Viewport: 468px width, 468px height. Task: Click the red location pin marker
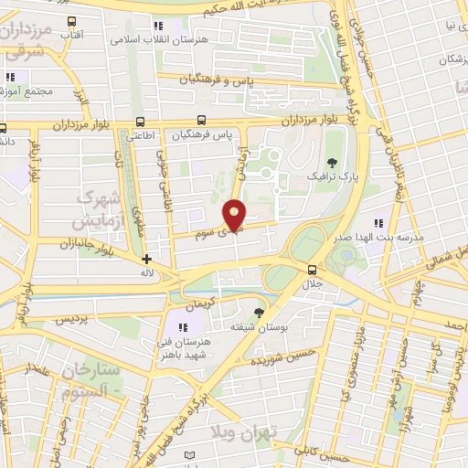(x=235, y=214)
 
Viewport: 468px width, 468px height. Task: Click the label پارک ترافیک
(x=328, y=174)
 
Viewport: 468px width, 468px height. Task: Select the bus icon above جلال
(x=313, y=269)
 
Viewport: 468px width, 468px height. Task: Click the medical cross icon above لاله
(x=146, y=259)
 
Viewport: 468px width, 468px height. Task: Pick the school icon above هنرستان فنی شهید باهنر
(x=183, y=327)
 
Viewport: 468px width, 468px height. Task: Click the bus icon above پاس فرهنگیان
(x=201, y=120)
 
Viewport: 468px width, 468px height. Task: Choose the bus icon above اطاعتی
(x=140, y=121)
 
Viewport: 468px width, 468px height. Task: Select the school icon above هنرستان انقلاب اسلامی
(x=158, y=26)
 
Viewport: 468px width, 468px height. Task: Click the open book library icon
(x=190, y=454)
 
